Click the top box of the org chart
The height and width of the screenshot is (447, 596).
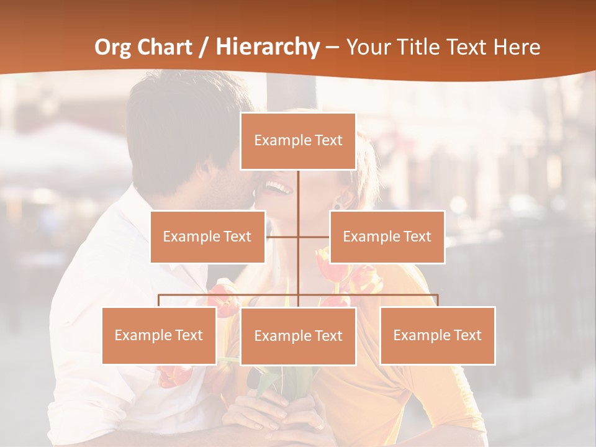point(298,141)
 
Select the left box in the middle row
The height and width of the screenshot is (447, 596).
point(207,237)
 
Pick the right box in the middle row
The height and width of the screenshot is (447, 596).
point(387,237)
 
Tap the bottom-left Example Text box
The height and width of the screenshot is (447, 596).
point(159,335)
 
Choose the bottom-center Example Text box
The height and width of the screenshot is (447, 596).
point(298,336)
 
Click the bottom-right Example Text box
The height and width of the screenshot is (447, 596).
point(438,335)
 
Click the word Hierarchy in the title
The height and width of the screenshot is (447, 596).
point(267,47)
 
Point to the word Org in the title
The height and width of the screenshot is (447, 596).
point(113,47)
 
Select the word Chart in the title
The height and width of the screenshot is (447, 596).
point(167,47)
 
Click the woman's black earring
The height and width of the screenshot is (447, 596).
point(337,205)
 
